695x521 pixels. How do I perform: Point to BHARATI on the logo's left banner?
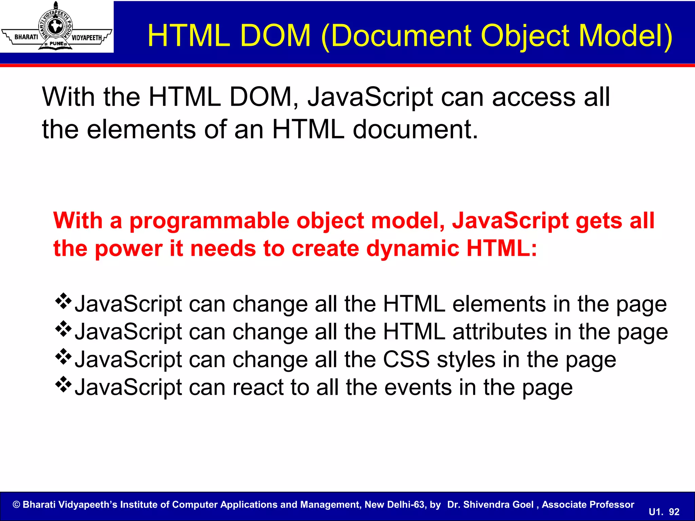coord(26,37)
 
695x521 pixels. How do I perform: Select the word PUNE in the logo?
coord(56,43)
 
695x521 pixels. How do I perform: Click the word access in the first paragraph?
coord(533,97)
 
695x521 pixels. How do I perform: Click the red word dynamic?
coord(413,249)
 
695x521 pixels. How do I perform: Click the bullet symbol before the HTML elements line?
coord(63,301)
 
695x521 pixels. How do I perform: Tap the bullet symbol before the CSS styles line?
coord(63,357)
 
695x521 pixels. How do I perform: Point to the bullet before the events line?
coord(63,385)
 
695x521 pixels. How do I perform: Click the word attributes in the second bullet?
coord(500,332)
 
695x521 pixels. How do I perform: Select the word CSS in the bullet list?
coord(406,360)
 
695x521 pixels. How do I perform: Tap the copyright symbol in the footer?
coord(16,505)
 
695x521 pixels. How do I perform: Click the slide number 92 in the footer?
coord(674,512)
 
